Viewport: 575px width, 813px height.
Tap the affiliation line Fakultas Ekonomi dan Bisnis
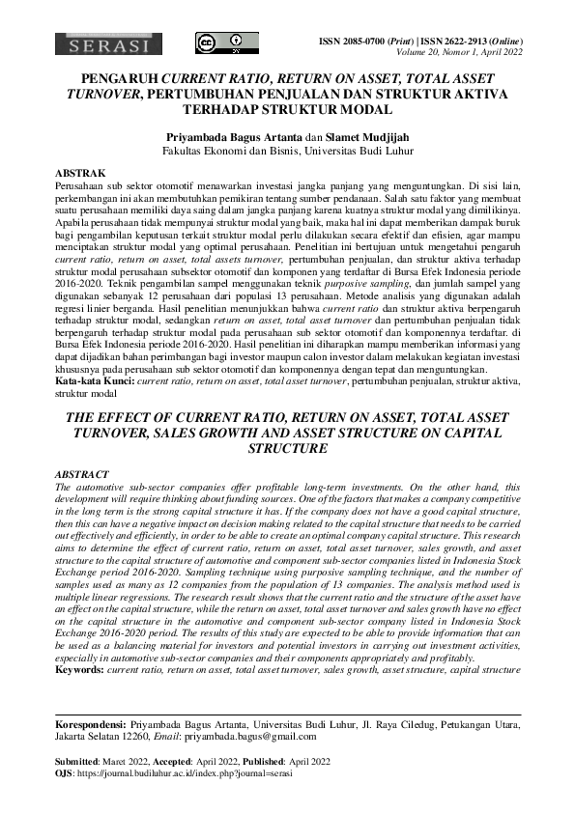point(287,152)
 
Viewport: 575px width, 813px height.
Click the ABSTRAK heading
point(77,172)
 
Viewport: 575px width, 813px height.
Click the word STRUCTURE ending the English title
point(287,449)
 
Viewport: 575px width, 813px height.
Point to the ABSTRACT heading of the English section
point(80,476)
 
